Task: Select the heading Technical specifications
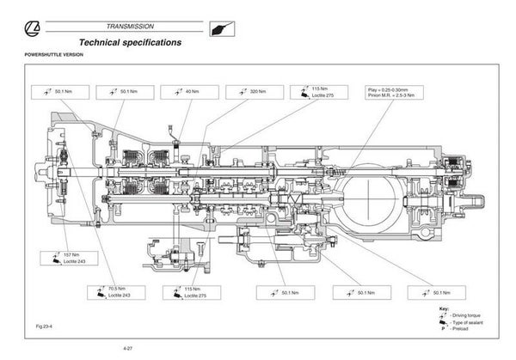tap(130, 43)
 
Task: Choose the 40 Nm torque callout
tap(193, 91)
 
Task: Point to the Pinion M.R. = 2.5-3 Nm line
tap(394, 95)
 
